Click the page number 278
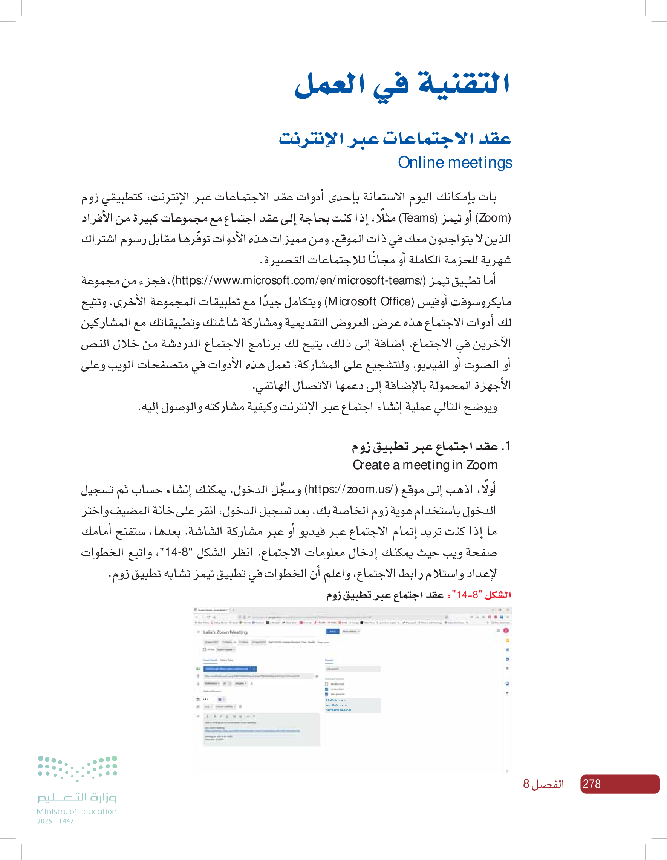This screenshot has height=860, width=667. (x=591, y=784)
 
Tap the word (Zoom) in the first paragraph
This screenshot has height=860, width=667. (x=493, y=218)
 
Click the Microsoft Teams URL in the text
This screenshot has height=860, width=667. (x=299, y=280)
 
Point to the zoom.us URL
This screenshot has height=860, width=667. (x=349, y=489)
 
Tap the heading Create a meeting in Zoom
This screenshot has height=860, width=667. (x=425, y=465)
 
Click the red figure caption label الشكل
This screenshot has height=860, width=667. (x=498, y=595)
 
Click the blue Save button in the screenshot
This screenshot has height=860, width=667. (x=332, y=631)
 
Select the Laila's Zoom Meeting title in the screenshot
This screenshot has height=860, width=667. (x=225, y=632)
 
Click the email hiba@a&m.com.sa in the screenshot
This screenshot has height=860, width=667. (x=336, y=701)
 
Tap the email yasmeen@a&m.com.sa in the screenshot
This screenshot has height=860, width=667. (x=339, y=710)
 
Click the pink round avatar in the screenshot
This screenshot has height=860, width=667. (x=506, y=630)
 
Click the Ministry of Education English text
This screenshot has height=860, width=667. (x=77, y=811)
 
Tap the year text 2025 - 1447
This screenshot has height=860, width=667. (x=55, y=821)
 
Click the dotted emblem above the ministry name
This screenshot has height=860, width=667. (x=78, y=767)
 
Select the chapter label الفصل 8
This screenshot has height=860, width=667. (x=543, y=784)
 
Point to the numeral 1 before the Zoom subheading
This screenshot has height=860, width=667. (x=507, y=446)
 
